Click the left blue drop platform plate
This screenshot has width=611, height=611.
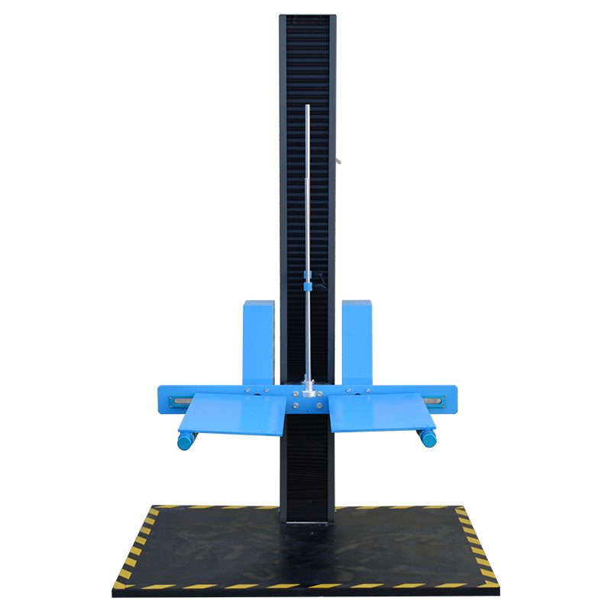click(x=233, y=416)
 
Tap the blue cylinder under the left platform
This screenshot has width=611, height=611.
click(x=186, y=441)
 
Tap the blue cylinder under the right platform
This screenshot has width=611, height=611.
click(x=428, y=438)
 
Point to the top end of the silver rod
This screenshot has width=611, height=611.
click(x=307, y=108)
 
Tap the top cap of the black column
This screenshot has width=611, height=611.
click(x=308, y=17)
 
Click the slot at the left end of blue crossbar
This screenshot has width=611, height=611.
click(x=182, y=399)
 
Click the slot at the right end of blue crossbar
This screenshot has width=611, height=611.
click(x=435, y=399)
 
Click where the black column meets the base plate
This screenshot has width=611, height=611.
click(x=307, y=523)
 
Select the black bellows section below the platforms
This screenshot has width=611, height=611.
click(x=307, y=466)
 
